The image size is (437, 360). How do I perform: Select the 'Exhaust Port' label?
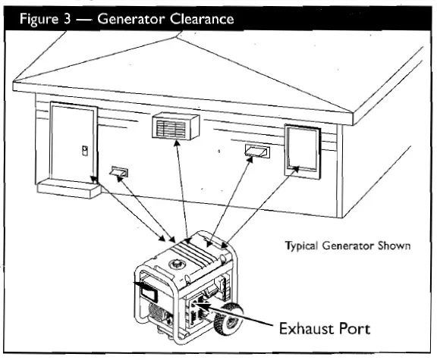click(x=324, y=329)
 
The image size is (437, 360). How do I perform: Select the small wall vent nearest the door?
click(x=120, y=174)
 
